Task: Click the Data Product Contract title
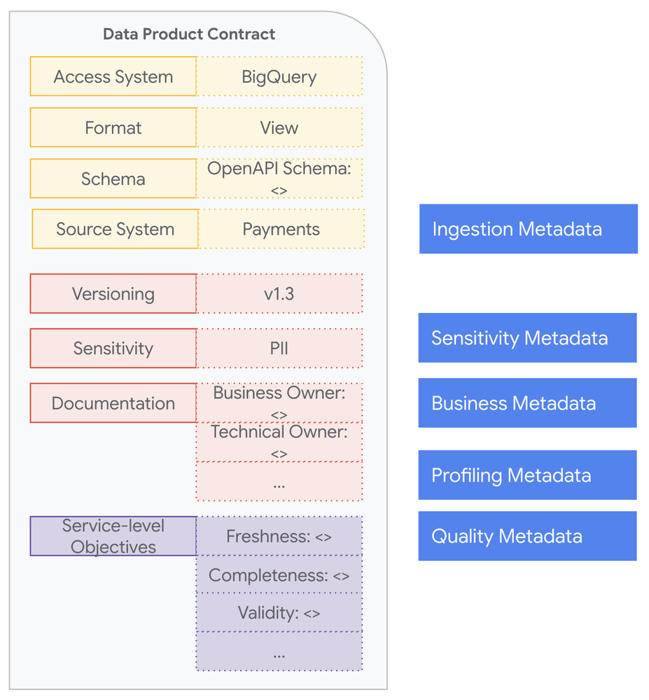pos(189,34)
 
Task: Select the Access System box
pos(113,76)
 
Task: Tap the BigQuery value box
pos(279,76)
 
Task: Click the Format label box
pos(113,127)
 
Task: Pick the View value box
pos(279,127)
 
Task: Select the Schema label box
pos(113,178)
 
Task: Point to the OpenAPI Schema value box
pos(279,178)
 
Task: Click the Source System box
pos(115,229)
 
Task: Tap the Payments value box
pos(281,229)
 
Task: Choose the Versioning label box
pos(113,293)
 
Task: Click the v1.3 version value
pos(279,293)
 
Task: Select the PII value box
pos(279,348)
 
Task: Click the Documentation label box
pos(113,402)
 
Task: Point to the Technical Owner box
pos(279,442)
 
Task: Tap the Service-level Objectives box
pos(113,536)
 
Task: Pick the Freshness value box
pos(279,536)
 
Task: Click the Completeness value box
pos(279,575)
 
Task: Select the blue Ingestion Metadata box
pos(528,229)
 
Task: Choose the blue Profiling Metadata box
pos(527,475)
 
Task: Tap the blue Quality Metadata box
pos(527,536)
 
